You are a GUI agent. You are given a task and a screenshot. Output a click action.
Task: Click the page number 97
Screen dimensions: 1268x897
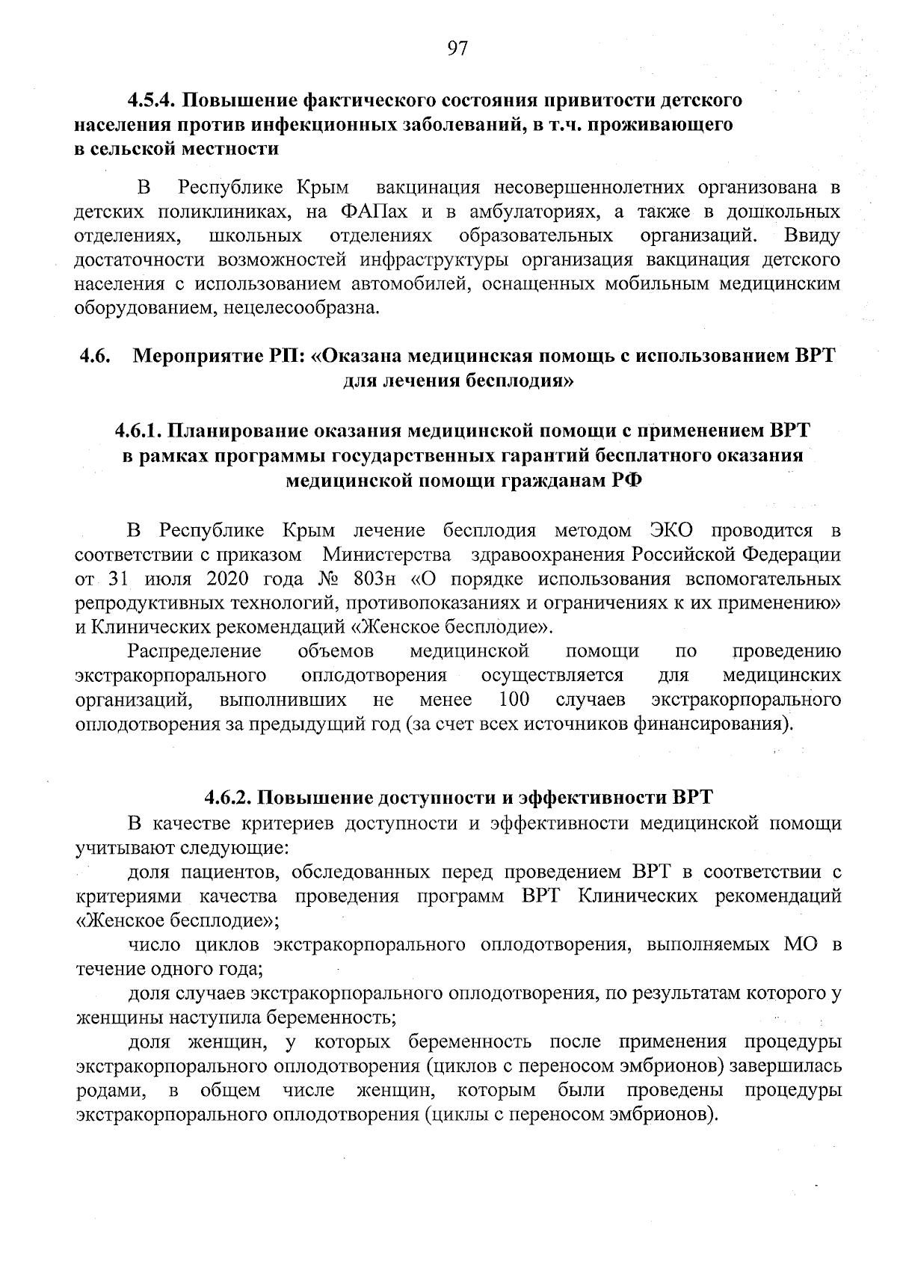[457, 49]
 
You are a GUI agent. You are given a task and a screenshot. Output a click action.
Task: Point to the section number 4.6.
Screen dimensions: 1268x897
[95, 357]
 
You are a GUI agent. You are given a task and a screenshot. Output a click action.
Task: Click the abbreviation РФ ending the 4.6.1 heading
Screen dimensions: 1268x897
[625, 481]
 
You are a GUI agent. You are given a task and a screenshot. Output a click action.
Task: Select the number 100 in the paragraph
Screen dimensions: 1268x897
[514, 700]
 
